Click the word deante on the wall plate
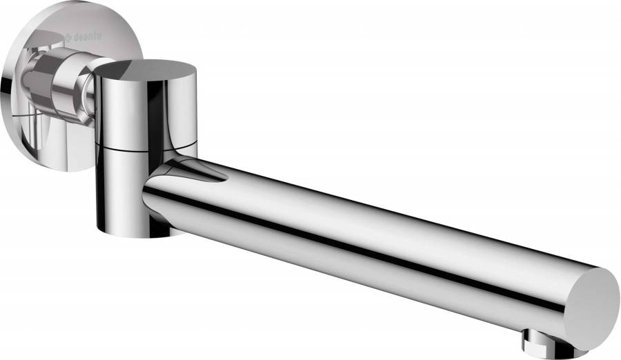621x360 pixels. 87,37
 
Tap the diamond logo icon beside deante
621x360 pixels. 68,38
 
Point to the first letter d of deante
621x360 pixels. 75,37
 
